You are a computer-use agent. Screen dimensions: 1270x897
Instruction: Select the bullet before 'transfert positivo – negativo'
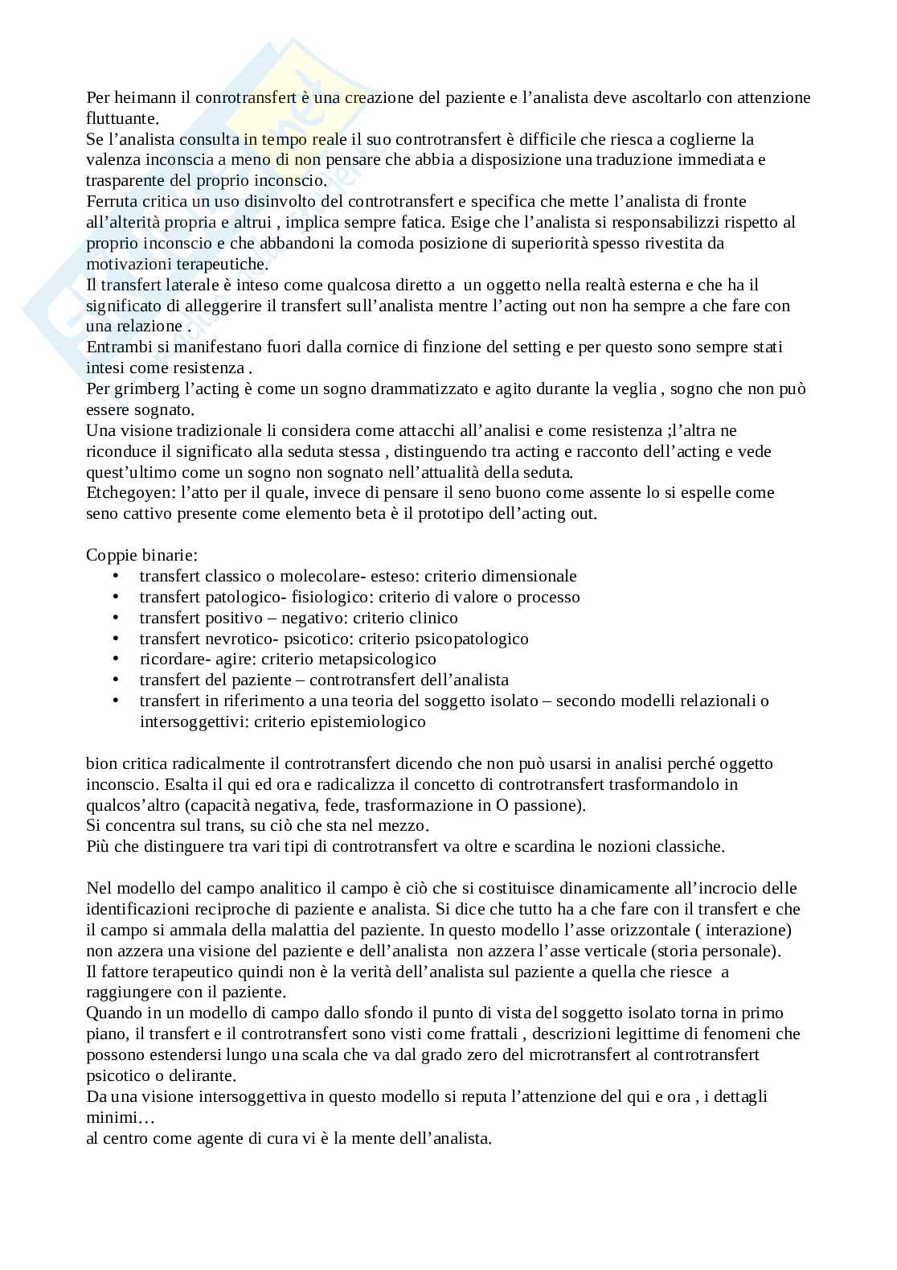pos(117,619)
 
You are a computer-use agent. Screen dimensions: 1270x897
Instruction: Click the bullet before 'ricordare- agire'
pos(117,660)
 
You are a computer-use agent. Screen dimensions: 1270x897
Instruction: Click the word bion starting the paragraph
pos(100,763)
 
